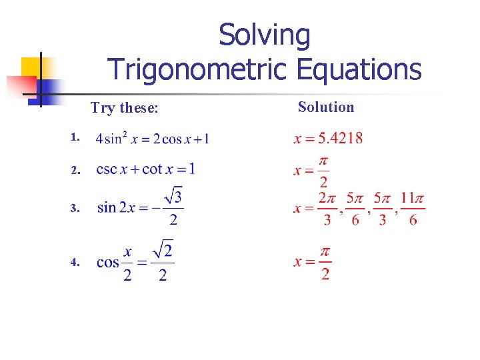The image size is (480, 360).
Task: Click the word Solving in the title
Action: pyautogui.click(x=265, y=36)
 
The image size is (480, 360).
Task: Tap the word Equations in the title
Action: pyautogui.click(x=356, y=69)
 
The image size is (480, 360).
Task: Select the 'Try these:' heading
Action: pyautogui.click(x=125, y=107)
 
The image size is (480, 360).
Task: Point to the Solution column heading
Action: pyautogui.click(x=326, y=107)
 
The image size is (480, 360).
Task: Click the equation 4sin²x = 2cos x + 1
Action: pyautogui.click(x=153, y=139)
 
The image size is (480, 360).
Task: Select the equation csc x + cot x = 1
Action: pyautogui.click(x=146, y=169)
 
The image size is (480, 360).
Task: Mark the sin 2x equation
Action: pyautogui.click(x=141, y=207)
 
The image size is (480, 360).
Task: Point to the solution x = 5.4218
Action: pyautogui.click(x=329, y=139)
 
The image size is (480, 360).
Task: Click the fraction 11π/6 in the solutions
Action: pyautogui.click(x=413, y=209)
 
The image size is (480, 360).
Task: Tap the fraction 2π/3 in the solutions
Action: pyautogui.click(x=327, y=209)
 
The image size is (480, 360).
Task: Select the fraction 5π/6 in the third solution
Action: pyautogui.click(x=355, y=209)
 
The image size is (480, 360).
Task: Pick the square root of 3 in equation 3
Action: pyautogui.click(x=174, y=196)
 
